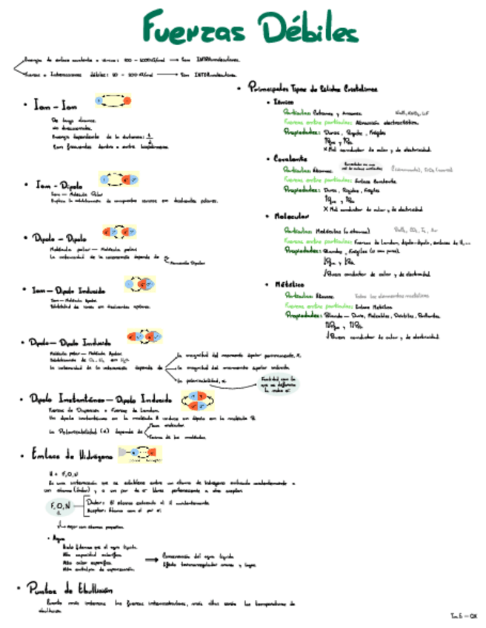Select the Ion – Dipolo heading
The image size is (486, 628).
(x=60, y=184)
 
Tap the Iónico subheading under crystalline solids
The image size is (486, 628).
(x=283, y=101)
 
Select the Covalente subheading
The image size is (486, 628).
(x=290, y=158)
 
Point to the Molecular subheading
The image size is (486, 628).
(x=290, y=217)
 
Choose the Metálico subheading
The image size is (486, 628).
(x=288, y=284)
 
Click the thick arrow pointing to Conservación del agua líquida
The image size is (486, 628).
(x=150, y=559)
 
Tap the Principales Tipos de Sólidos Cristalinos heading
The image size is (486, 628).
(x=312, y=87)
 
